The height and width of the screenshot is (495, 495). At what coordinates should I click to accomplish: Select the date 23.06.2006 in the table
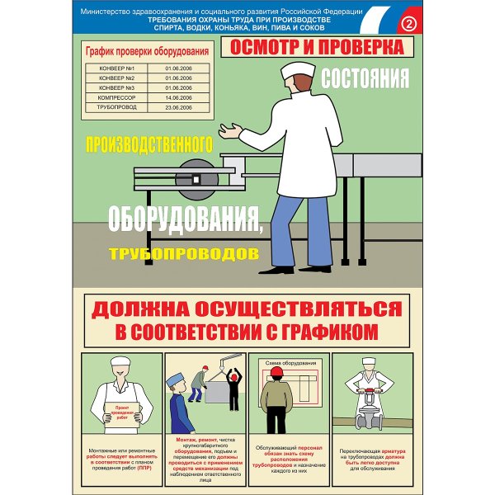click(x=177, y=106)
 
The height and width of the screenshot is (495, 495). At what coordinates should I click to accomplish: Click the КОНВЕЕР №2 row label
click(x=115, y=77)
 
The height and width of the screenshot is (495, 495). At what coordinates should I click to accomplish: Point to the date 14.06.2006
click(x=177, y=97)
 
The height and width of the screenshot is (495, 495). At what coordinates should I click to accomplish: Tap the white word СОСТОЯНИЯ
click(x=364, y=79)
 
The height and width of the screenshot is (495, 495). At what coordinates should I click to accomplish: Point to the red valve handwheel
click(x=370, y=391)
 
